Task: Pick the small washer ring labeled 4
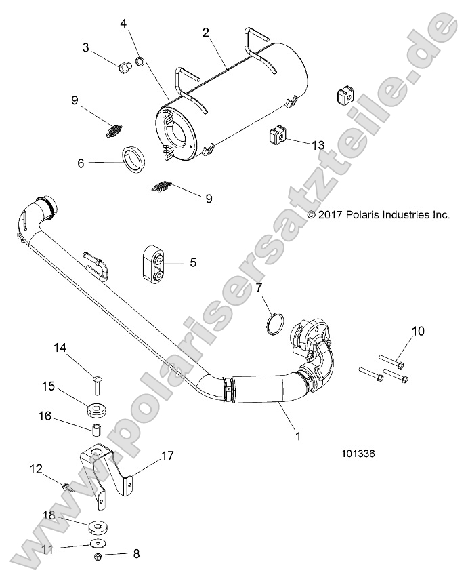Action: (x=140, y=63)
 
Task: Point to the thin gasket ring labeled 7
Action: (x=273, y=323)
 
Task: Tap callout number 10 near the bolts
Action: (x=418, y=331)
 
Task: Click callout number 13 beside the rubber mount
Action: (x=318, y=145)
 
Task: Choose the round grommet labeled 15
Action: (x=98, y=410)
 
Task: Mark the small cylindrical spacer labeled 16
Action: (x=96, y=429)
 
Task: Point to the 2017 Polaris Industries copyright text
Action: (x=379, y=214)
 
